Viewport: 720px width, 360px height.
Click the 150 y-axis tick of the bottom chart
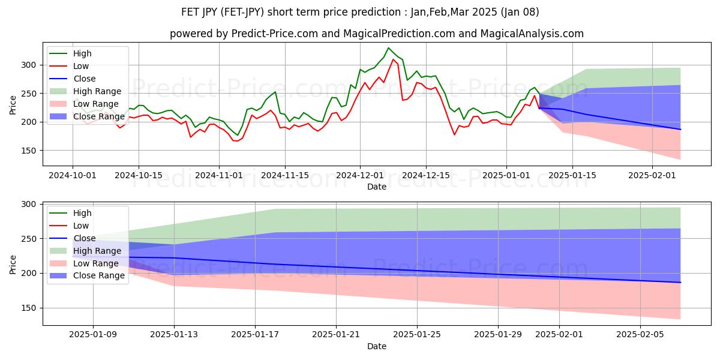pyautogui.click(x=30, y=308)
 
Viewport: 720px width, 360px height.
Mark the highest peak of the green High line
pyautogui.click(x=388, y=48)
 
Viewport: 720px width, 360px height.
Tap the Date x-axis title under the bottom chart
pyautogui.click(x=376, y=346)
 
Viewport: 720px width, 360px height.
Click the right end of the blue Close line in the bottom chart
pyautogui.click(x=680, y=282)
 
